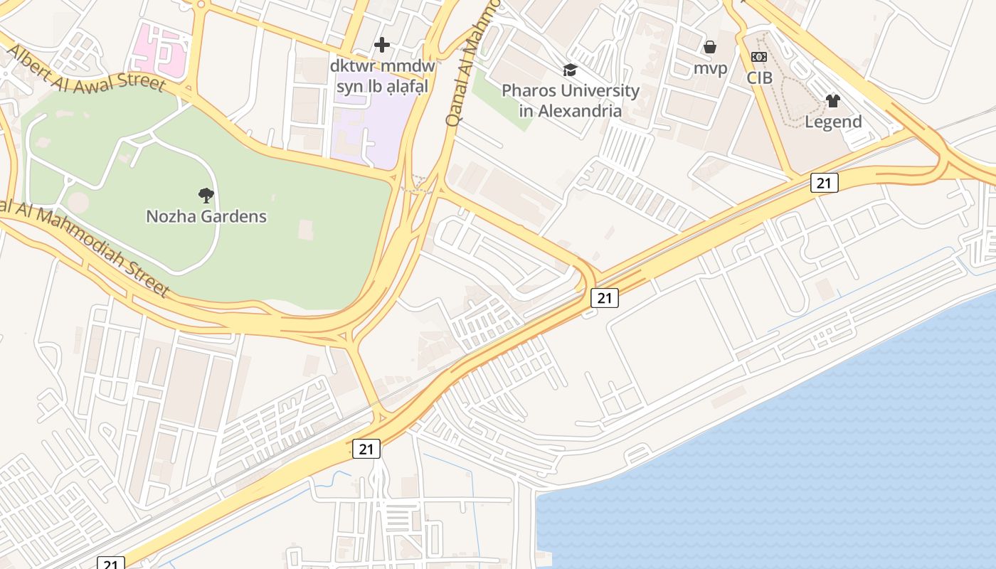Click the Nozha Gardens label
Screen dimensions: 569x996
pos(206,216)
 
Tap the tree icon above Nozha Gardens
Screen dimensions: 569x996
pos(206,195)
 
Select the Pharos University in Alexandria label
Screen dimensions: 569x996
pos(571,100)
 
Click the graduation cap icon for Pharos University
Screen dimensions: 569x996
pos(570,70)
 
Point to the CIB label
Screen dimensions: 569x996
pos(759,78)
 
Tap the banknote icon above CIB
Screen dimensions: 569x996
pos(759,57)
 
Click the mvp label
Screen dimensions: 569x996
pos(710,68)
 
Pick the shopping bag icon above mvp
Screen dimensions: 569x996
pos(710,48)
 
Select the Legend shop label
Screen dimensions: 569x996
pos(833,122)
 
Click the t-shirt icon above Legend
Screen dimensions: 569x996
pos(833,101)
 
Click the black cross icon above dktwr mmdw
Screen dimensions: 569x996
pos(382,45)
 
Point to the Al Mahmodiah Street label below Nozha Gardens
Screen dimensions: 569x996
pos(85,245)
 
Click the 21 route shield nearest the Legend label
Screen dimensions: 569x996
pos(824,183)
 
